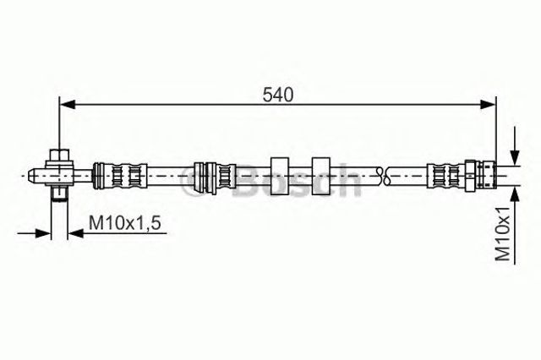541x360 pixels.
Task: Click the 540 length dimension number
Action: tap(278, 95)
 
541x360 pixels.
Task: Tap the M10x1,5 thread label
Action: tap(125, 223)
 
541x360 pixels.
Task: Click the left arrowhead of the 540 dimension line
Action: tap(68, 104)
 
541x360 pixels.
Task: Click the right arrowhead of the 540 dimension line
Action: tap(488, 104)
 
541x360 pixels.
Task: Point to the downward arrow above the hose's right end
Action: tap(515, 146)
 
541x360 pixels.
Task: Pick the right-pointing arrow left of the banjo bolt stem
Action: tap(34, 234)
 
